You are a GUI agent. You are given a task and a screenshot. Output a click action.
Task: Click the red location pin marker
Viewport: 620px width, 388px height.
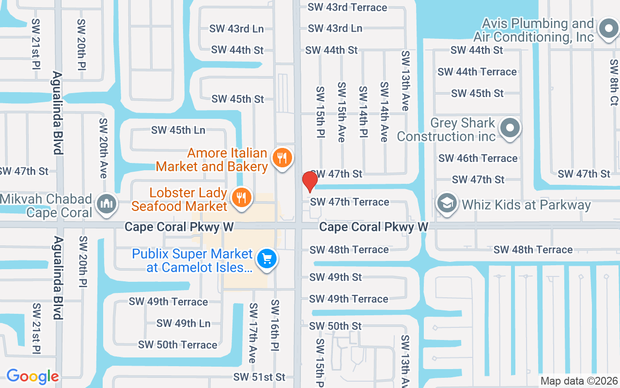click(310, 181)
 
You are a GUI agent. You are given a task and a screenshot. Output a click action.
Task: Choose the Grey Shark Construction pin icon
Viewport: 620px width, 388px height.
click(510, 129)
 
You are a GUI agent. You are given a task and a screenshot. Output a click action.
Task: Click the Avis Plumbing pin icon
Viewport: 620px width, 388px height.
click(608, 29)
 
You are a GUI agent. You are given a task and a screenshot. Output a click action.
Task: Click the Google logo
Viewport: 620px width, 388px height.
click(32, 376)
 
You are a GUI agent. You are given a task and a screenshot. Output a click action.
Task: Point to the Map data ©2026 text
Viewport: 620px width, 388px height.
click(579, 381)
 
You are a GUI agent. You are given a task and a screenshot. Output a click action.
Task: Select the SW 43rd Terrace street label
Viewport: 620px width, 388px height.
click(347, 7)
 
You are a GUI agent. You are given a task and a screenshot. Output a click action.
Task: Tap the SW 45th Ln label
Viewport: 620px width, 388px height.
click(178, 130)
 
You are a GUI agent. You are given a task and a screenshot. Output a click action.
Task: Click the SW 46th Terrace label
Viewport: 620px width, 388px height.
click(478, 158)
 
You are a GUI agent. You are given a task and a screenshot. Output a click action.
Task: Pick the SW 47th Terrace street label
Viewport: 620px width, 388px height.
click(349, 202)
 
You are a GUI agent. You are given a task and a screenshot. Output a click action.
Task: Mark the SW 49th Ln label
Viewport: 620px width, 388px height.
click(183, 323)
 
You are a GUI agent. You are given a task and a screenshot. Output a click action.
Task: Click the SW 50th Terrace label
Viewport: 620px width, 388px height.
click(178, 345)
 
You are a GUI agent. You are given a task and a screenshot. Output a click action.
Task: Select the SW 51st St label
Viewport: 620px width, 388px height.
click(259, 377)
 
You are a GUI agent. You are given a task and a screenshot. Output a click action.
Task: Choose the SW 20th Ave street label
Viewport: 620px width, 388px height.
click(103, 148)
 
